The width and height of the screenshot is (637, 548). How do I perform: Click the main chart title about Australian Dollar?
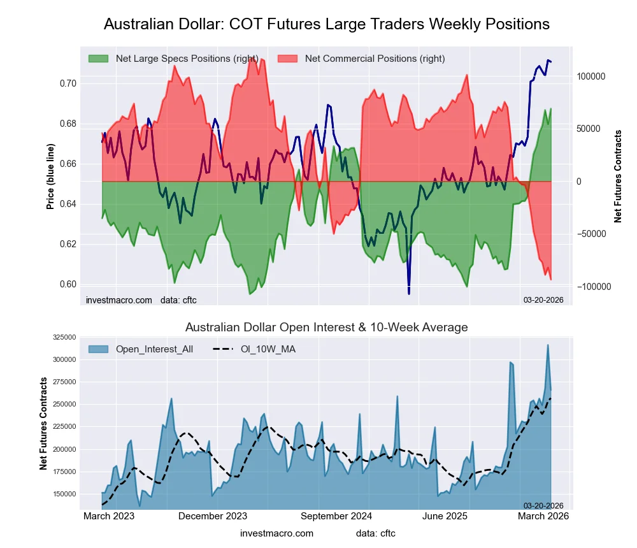[x=326, y=24]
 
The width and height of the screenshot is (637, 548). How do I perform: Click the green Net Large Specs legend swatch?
[x=99, y=59]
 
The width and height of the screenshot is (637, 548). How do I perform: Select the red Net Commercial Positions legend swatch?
[x=288, y=59]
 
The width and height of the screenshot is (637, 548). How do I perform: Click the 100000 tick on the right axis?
[x=591, y=76]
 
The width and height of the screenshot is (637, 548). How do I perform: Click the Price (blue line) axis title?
[x=50, y=177]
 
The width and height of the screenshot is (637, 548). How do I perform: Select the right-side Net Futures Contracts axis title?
[x=618, y=177]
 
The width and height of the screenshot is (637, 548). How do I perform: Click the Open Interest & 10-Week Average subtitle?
[x=326, y=328]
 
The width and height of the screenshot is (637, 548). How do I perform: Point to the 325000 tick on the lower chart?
[x=62, y=338]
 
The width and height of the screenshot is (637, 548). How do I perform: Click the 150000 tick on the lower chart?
[x=62, y=494]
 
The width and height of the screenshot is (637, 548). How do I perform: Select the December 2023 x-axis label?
[x=213, y=516]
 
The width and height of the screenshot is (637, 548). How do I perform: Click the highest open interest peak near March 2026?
[x=547, y=345]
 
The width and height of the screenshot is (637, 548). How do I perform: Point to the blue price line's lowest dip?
[x=408, y=294]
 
